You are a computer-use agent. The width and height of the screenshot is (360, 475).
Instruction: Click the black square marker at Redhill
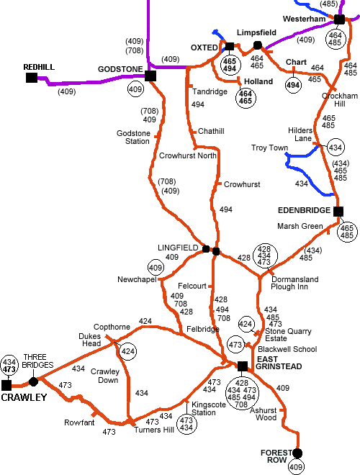[32, 77]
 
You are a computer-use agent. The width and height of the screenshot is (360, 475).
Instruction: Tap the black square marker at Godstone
[150, 76]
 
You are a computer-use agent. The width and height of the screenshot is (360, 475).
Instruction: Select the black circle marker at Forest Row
[297, 453]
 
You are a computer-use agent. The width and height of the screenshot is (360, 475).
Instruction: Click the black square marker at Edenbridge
[337, 211]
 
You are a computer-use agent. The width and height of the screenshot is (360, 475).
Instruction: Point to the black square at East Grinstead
[243, 365]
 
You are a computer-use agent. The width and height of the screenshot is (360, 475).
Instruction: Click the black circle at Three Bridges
[33, 381]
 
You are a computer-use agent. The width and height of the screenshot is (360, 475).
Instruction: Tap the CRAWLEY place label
[23, 397]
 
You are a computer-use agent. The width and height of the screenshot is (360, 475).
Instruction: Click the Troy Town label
[269, 148]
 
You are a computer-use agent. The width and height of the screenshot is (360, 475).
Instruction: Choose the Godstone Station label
[133, 137]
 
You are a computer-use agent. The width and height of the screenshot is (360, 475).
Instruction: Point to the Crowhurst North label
[188, 155]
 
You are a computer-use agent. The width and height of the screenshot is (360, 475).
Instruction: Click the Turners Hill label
[153, 430]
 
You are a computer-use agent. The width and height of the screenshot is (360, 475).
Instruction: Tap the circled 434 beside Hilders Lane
[335, 148]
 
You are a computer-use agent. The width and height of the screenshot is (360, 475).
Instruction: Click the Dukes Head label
[89, 339]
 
